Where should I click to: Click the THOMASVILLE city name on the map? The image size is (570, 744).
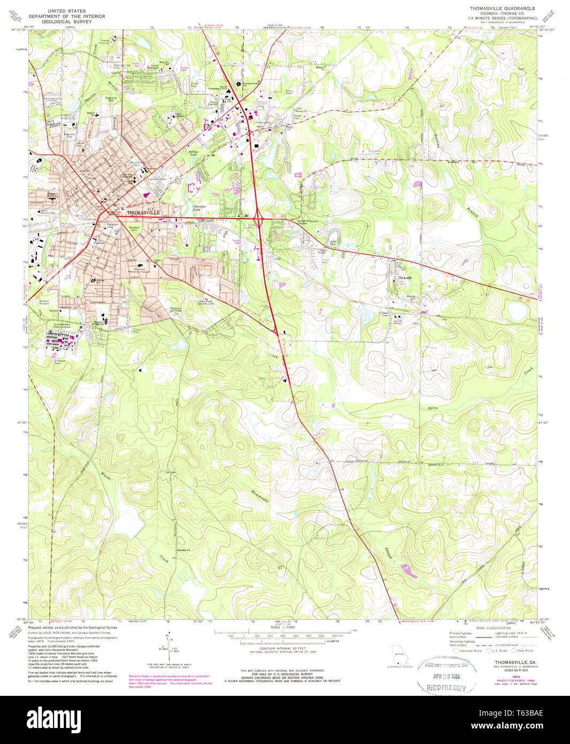143,212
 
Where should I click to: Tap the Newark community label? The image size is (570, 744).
405,278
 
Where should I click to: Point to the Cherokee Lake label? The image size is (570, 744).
199,208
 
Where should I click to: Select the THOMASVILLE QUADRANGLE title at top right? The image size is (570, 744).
503,9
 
